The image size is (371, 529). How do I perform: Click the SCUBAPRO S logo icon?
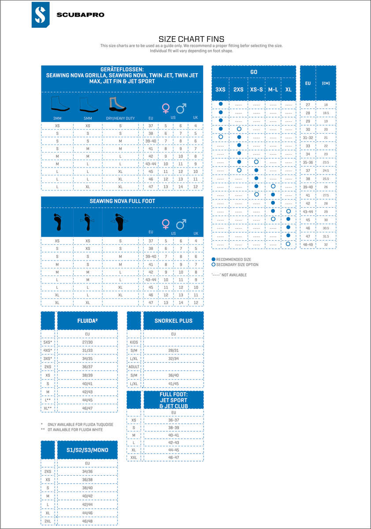click(x=41, y=15)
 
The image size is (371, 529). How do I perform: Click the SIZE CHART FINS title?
click(x=191, y=39)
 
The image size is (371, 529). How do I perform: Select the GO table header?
click(x=253, y=72)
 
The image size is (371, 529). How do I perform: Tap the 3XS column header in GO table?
click(x=220, y=89)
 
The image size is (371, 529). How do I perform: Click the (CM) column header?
click(x=326, y=83)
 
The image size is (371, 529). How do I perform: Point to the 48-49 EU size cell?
click(x=308, y=244)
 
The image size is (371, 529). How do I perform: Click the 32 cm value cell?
click(x=326, y=244)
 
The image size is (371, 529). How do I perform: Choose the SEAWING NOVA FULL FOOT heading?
click(x=122, y=201)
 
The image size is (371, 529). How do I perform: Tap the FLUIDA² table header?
click(x=87, y=320)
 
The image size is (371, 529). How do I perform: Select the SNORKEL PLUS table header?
click(x=173, y=320)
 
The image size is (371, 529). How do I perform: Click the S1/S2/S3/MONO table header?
click(x=87, y=450)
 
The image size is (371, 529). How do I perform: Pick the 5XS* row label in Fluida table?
click(x=48, y=342)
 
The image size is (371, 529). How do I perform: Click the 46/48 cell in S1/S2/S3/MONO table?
click(x=87, y=521)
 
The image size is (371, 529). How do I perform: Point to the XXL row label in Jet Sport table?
click(x=134, y=458)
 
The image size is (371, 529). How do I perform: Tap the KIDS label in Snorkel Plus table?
click(x=134, y=342)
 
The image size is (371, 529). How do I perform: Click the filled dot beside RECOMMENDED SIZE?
click(x=213, y=259)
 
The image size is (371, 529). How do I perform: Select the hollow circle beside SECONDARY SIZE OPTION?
click(x=213, y=264)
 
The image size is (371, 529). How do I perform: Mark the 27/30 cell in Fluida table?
click(x=87, y=342)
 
